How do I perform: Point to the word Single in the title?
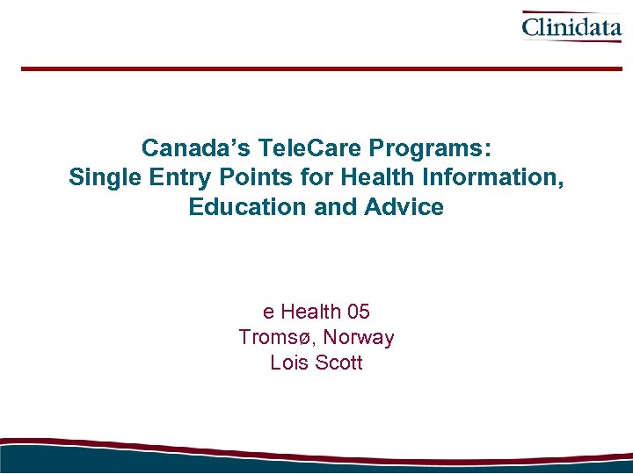[100, 177]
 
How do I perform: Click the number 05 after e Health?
[359, 312]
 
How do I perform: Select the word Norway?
[359, 337]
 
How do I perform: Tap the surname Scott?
[338, 363]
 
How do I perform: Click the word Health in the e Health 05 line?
[311, 312]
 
